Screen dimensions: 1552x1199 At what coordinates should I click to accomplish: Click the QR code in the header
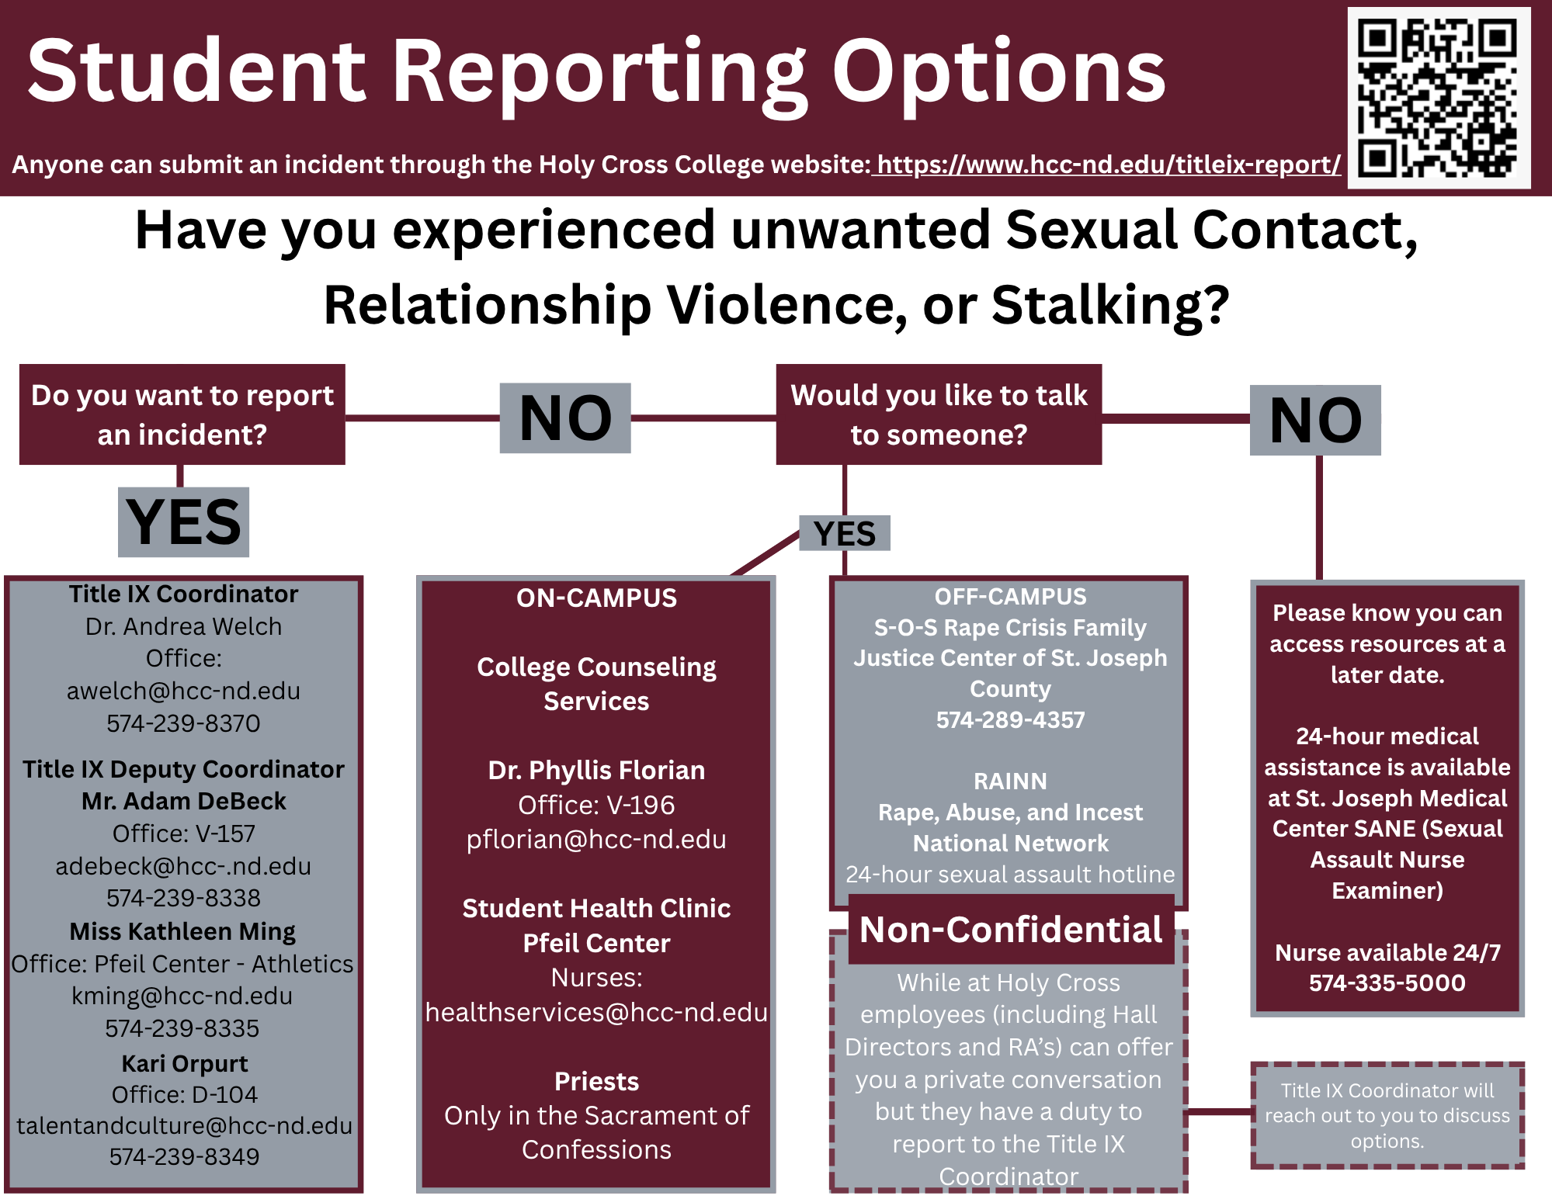(1439, 98)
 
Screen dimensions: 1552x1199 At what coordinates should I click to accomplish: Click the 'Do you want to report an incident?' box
(182, 414)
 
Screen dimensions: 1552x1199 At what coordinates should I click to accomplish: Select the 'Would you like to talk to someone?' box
(939, 414)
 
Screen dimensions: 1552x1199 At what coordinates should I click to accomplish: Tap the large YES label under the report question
(183, 522)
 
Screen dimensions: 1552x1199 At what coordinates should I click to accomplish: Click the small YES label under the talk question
(845, 533)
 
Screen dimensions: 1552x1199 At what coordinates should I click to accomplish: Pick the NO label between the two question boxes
(565, 418)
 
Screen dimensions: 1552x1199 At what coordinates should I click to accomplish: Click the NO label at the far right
(1315, 420)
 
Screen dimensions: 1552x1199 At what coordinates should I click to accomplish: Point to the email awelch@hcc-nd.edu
(183, 691)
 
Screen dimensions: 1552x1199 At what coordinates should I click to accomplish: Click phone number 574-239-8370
(183, 723)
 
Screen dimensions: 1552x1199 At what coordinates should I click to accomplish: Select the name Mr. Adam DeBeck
(184, 801)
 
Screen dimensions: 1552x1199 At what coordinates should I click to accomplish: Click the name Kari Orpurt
(185, 1063)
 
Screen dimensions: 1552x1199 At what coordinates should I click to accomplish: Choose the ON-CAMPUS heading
(596, 598)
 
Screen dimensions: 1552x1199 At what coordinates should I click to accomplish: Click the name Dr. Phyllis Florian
(596, 770)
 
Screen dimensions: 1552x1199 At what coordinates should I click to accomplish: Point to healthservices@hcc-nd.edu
(596, 1012)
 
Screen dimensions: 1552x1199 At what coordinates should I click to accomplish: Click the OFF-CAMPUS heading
(1010, 596)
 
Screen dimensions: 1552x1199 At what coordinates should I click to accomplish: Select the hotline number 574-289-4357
(1010, 719)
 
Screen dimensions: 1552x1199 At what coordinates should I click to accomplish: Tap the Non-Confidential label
(1011, 929)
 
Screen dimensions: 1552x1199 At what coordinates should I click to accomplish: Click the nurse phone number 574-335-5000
(1387, 982)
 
